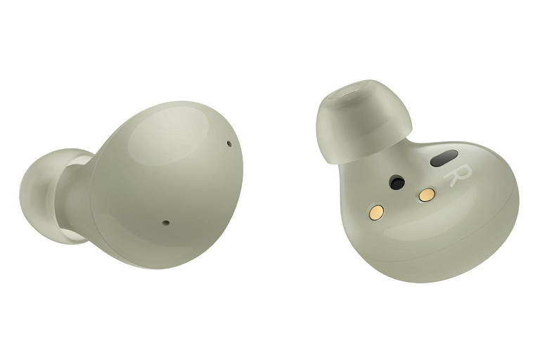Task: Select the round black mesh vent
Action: (x=397, y=183)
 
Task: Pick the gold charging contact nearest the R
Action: (x=425, y=196)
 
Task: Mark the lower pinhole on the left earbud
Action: (x=166, y=224)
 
